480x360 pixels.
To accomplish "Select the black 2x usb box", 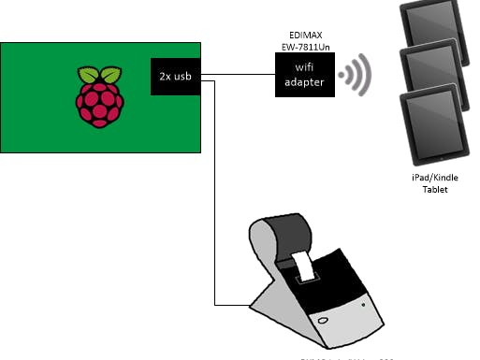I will [176, 77].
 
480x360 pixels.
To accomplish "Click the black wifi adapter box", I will [302, 75].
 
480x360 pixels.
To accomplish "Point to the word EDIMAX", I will [301, 32].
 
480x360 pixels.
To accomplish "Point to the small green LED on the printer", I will [364, 302].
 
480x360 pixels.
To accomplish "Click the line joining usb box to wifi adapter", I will [239, 75].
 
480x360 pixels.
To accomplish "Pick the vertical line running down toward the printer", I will [216, 187].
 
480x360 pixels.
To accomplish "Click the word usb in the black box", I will [184, 77].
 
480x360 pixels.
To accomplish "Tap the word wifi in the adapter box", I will [302, 67].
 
